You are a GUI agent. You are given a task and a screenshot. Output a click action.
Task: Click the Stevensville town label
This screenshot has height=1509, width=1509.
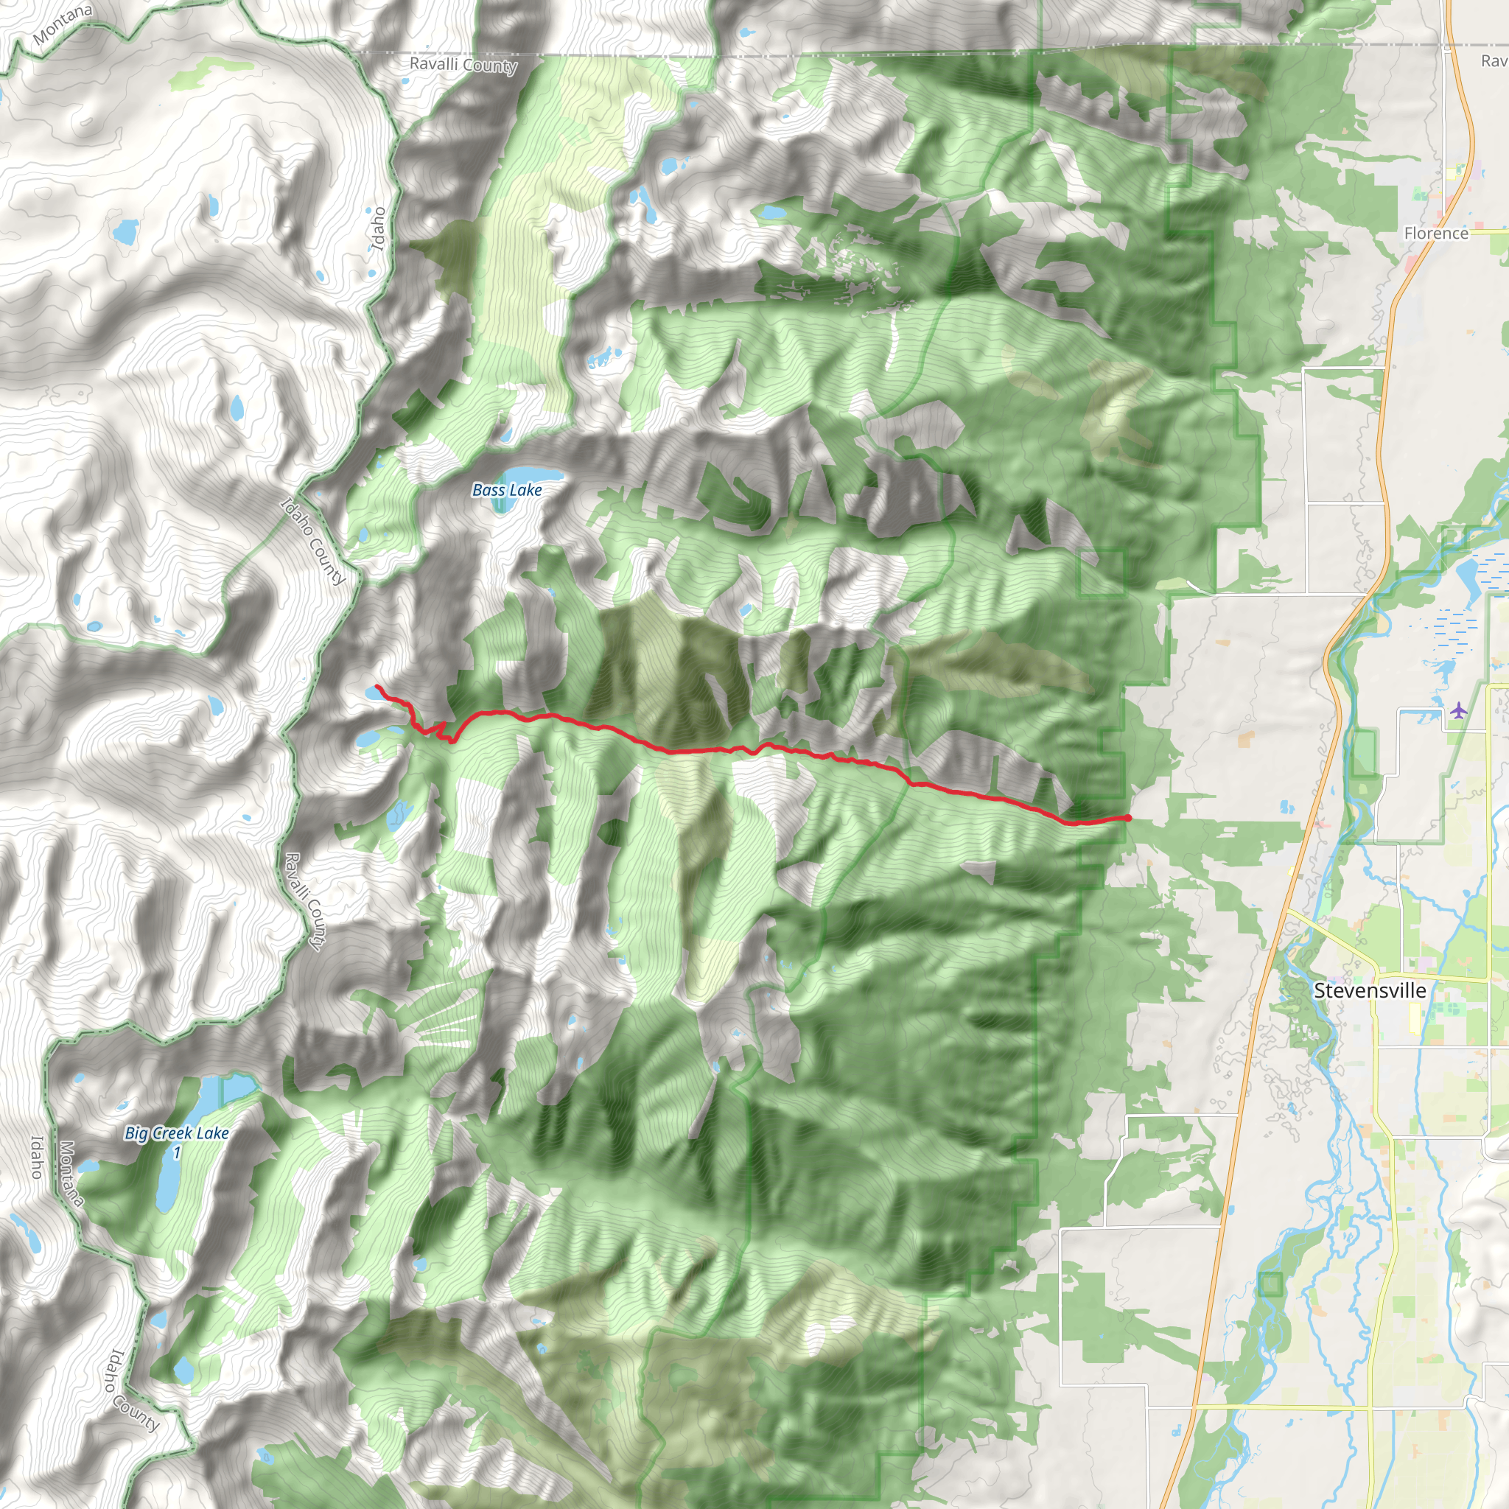[1369, 990]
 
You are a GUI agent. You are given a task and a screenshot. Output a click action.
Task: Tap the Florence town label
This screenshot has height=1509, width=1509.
[1435, 233]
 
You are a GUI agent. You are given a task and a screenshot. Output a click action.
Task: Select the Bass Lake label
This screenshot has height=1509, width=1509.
[507, 490]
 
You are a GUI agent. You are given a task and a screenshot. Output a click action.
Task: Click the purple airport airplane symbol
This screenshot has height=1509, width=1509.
[1458, 710]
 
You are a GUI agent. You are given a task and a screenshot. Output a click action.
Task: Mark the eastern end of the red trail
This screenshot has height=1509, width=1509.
[1128, 818]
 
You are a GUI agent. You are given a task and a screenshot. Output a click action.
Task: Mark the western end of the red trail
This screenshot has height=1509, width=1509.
[377, 687]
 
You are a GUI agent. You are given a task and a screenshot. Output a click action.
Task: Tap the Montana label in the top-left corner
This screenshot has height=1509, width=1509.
[63, 24]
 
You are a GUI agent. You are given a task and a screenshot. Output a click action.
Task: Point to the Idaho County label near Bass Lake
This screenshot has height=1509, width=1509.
[312, 541]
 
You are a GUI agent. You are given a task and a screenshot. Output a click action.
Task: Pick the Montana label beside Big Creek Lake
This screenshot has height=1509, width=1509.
[69, 1173]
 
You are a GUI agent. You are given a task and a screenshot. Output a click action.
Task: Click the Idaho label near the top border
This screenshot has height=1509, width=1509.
[377, 228]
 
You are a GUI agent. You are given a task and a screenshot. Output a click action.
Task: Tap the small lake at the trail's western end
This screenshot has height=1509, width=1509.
[370, 692]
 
